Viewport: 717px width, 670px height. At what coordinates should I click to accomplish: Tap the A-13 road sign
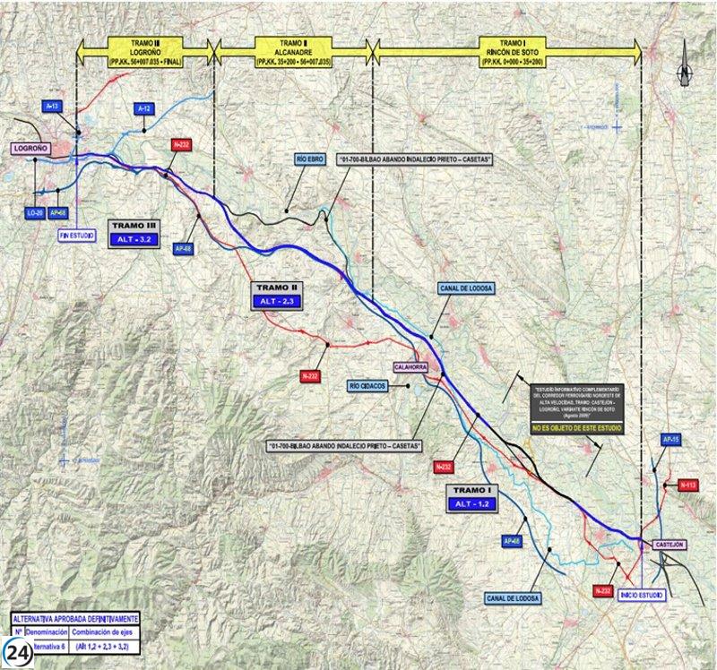click(53, 107)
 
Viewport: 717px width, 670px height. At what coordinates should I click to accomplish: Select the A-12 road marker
click(144, 108)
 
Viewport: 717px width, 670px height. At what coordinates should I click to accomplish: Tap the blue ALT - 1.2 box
click(472, 505)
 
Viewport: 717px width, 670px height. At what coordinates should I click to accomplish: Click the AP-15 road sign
click(671, 440)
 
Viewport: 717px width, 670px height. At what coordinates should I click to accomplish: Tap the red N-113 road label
click(687, 485)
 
